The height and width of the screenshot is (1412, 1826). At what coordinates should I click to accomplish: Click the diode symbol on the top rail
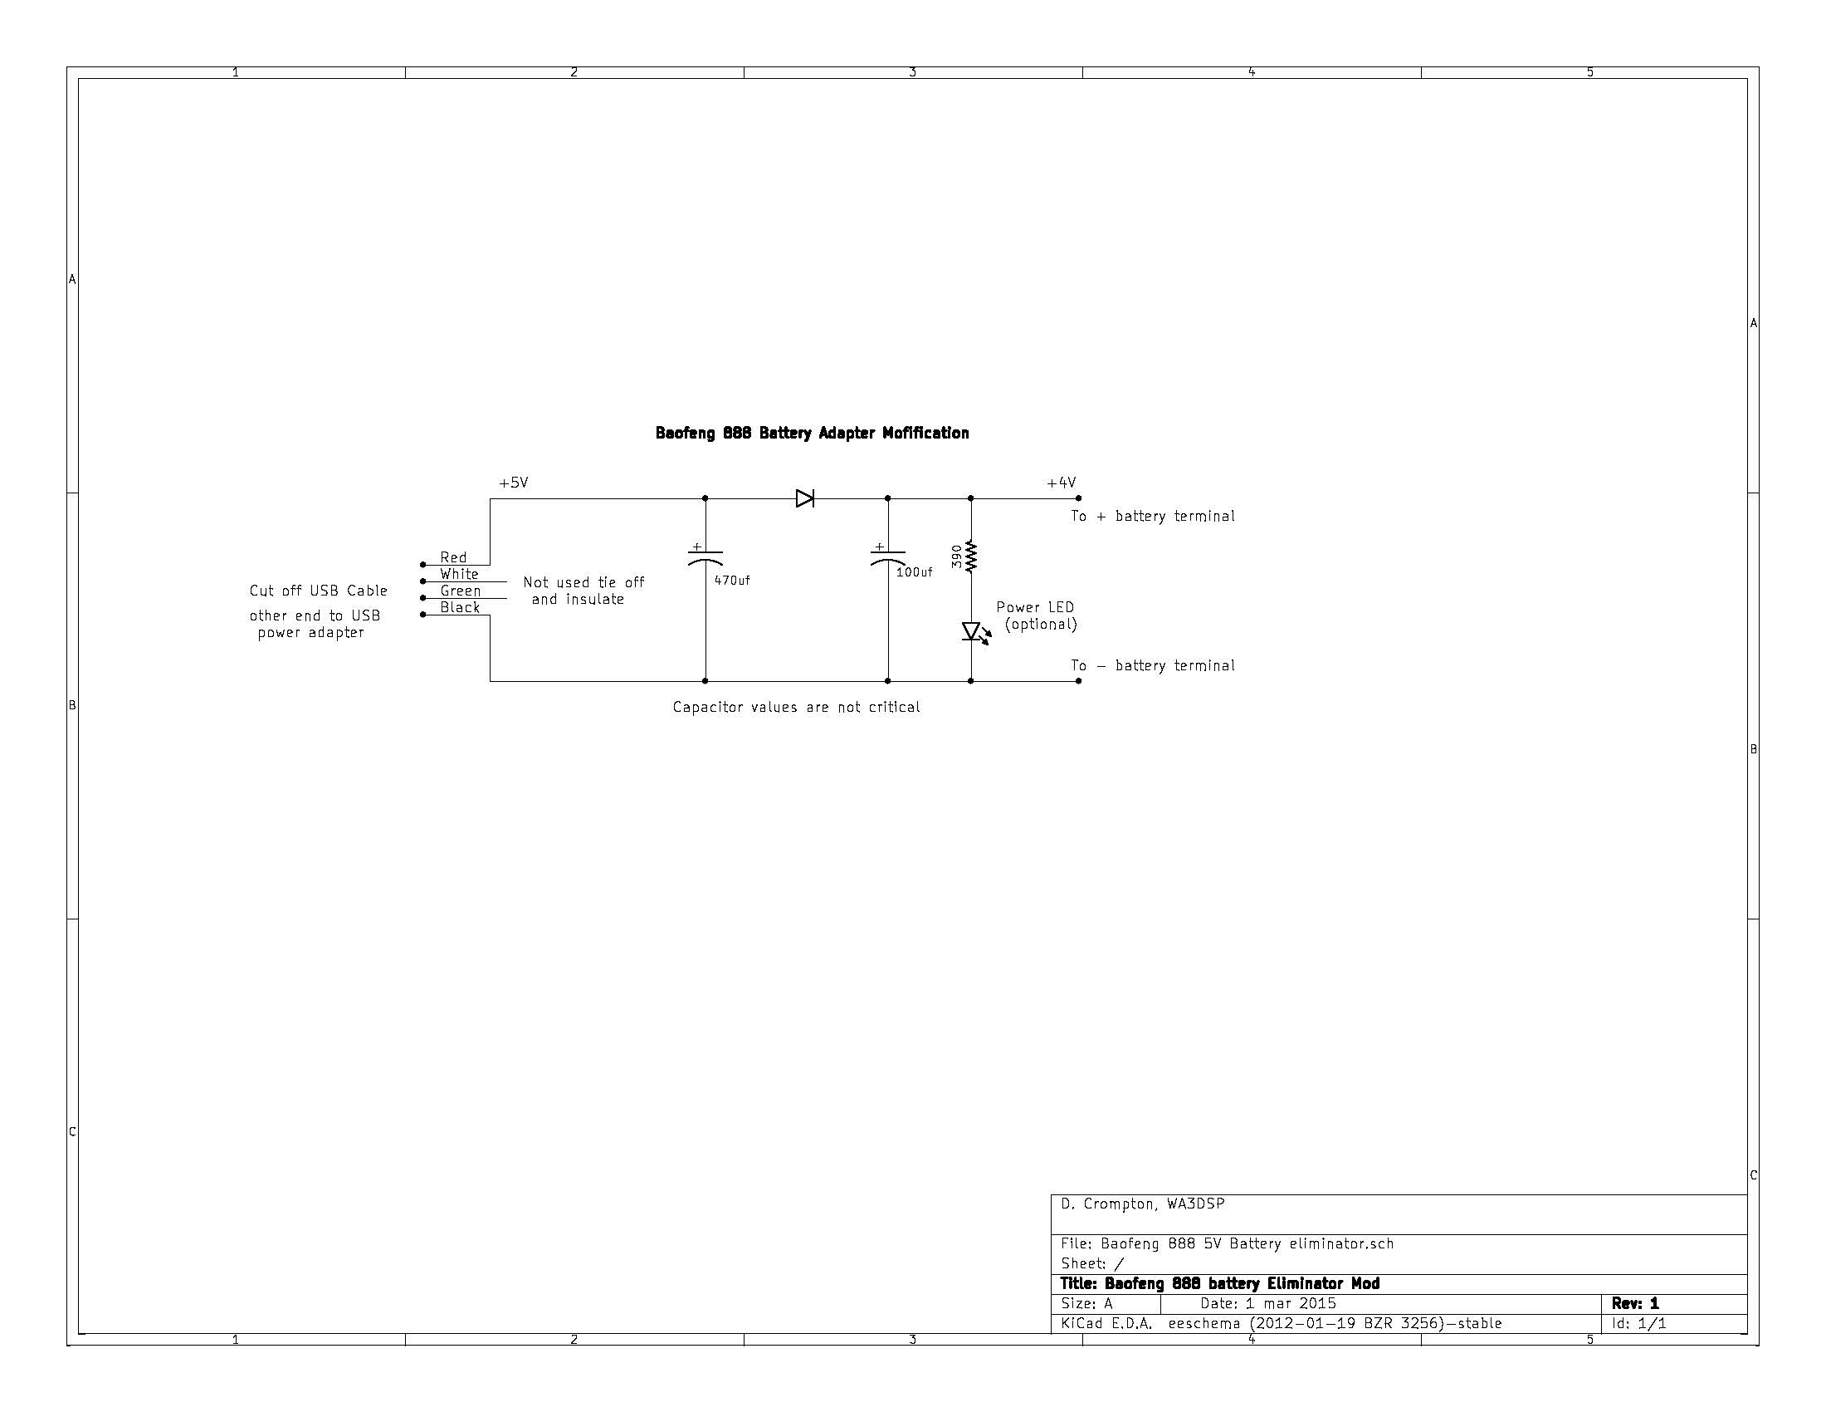point(804,498)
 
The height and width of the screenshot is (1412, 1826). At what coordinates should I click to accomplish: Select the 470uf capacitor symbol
point(705,557)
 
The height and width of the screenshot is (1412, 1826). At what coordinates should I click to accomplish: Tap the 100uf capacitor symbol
point(887,557)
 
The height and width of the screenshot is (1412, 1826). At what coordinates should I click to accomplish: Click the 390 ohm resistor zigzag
point(971,556)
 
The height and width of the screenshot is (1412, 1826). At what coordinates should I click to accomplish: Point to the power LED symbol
point(972,631)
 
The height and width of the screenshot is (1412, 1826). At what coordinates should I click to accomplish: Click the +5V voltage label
point(513,483)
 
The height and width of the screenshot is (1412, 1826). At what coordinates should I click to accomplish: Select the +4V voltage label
point(1061,483)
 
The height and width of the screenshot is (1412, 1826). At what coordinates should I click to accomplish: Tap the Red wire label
point(453,557)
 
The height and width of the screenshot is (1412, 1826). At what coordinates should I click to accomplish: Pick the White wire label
point(459,574)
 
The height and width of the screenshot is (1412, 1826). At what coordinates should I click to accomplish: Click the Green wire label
point(461,591)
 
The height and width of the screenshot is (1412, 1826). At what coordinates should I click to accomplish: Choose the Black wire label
point(460,607)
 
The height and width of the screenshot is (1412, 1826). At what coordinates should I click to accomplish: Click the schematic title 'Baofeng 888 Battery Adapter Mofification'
point(812,433)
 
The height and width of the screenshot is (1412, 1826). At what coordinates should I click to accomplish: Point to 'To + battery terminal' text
point(1152,516)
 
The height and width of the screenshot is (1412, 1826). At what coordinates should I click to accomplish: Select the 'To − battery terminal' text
point(1152,666)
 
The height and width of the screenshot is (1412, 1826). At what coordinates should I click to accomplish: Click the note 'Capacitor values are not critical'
point(796,707)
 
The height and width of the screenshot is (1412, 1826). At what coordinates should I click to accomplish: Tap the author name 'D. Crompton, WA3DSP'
point(1142,1204)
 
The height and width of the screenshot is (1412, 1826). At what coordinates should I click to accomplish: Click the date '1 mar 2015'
point(1290,1303)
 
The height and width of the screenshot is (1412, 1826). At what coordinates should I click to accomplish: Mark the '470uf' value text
point(731,581)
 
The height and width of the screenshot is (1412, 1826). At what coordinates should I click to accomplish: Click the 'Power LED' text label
point(1035,607)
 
